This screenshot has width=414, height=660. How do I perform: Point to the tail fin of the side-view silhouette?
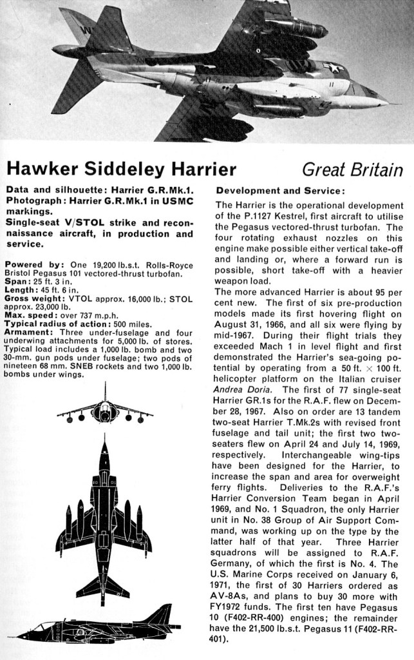point(163,613)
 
